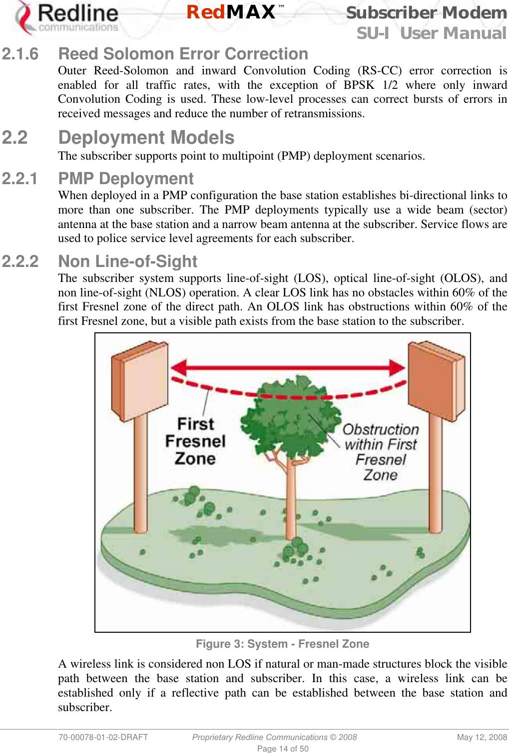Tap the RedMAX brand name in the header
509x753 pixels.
click(x=231, y=12)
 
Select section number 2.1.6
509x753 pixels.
click(x=20, y=54)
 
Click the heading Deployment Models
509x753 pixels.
click(x=146, y=138)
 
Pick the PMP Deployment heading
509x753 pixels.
click(x=126, y=179)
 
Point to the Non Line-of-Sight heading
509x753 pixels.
click(x=127, y=261)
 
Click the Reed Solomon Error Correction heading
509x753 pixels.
click(x=183, y=54)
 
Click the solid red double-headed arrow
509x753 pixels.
click(x=288, y=368)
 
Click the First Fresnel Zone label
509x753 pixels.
click(x=195, y=441)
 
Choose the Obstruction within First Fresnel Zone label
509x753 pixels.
click(x=381, y=452)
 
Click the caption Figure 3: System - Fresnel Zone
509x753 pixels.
click(x=282, y=644)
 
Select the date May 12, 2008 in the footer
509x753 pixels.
click(x=482, y=737)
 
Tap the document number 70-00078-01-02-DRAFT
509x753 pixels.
click(x=103, y=737)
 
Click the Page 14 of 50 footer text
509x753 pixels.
click(x=282, y=749)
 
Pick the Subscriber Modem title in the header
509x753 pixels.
click(x=426, y=12)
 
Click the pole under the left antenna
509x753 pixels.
click(x=140, y=474)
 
